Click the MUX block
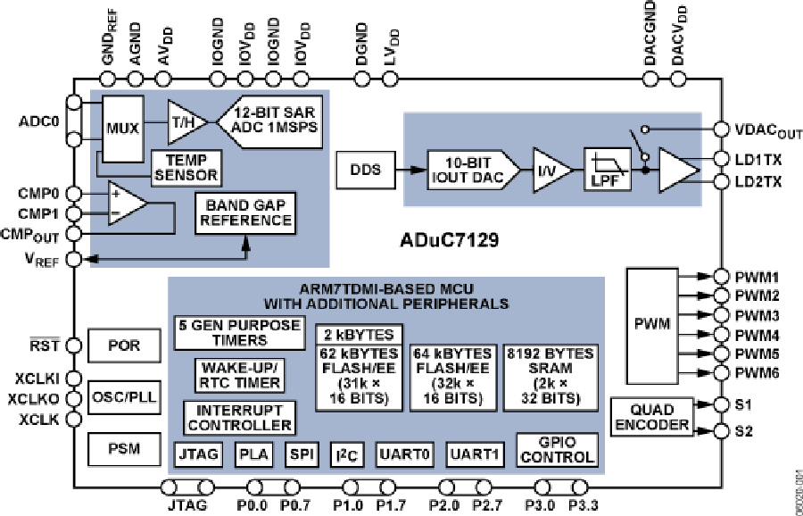click(x=122, y=127)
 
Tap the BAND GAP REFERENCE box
click(x=244, y=212)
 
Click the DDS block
click(x=363, y=169)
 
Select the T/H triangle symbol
click(x=183, y=121)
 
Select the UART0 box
click(x=404, y=454)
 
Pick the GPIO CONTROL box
click(x=556, y=450)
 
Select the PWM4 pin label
click(x=758, y=335)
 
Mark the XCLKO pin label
click(x=32, y=399)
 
